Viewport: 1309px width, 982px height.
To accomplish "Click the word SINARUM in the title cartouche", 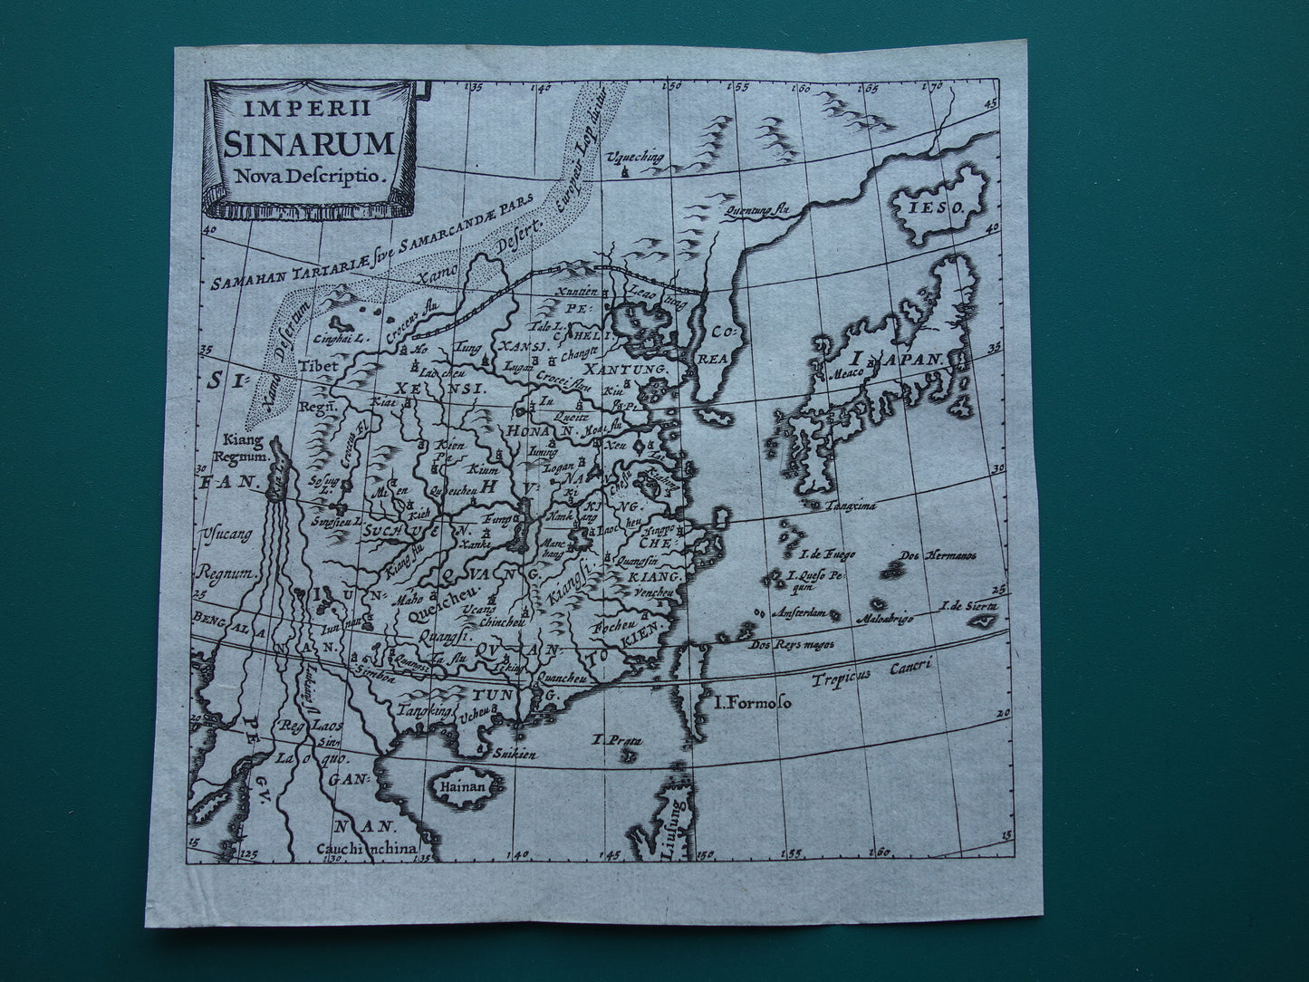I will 311,144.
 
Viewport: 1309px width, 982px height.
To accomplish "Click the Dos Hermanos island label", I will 937,555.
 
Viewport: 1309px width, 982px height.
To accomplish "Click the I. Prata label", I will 616,740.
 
